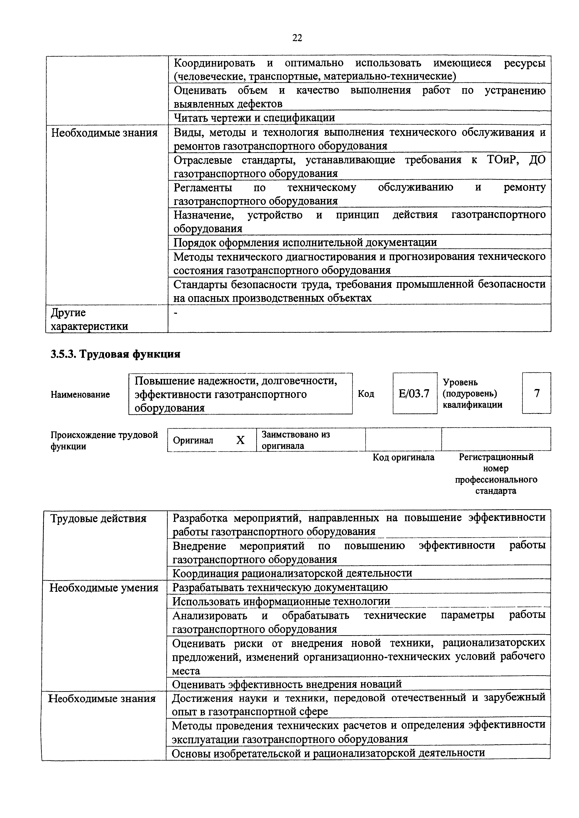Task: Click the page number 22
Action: [297, 38]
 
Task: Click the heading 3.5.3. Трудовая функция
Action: [115, 354]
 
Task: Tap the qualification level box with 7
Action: [536, 393]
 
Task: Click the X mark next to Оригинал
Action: [240, 440]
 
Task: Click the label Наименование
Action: [80, 394]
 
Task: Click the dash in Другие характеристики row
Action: [175, 313]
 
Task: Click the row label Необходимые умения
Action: [104, 587]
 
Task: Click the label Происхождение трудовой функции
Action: [104, 440]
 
